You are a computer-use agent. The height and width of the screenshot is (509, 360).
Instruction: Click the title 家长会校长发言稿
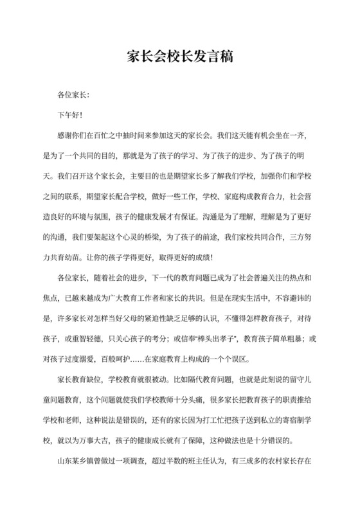pos(179,57)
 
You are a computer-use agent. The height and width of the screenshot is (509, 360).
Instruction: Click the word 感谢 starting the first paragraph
pos(66,136)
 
